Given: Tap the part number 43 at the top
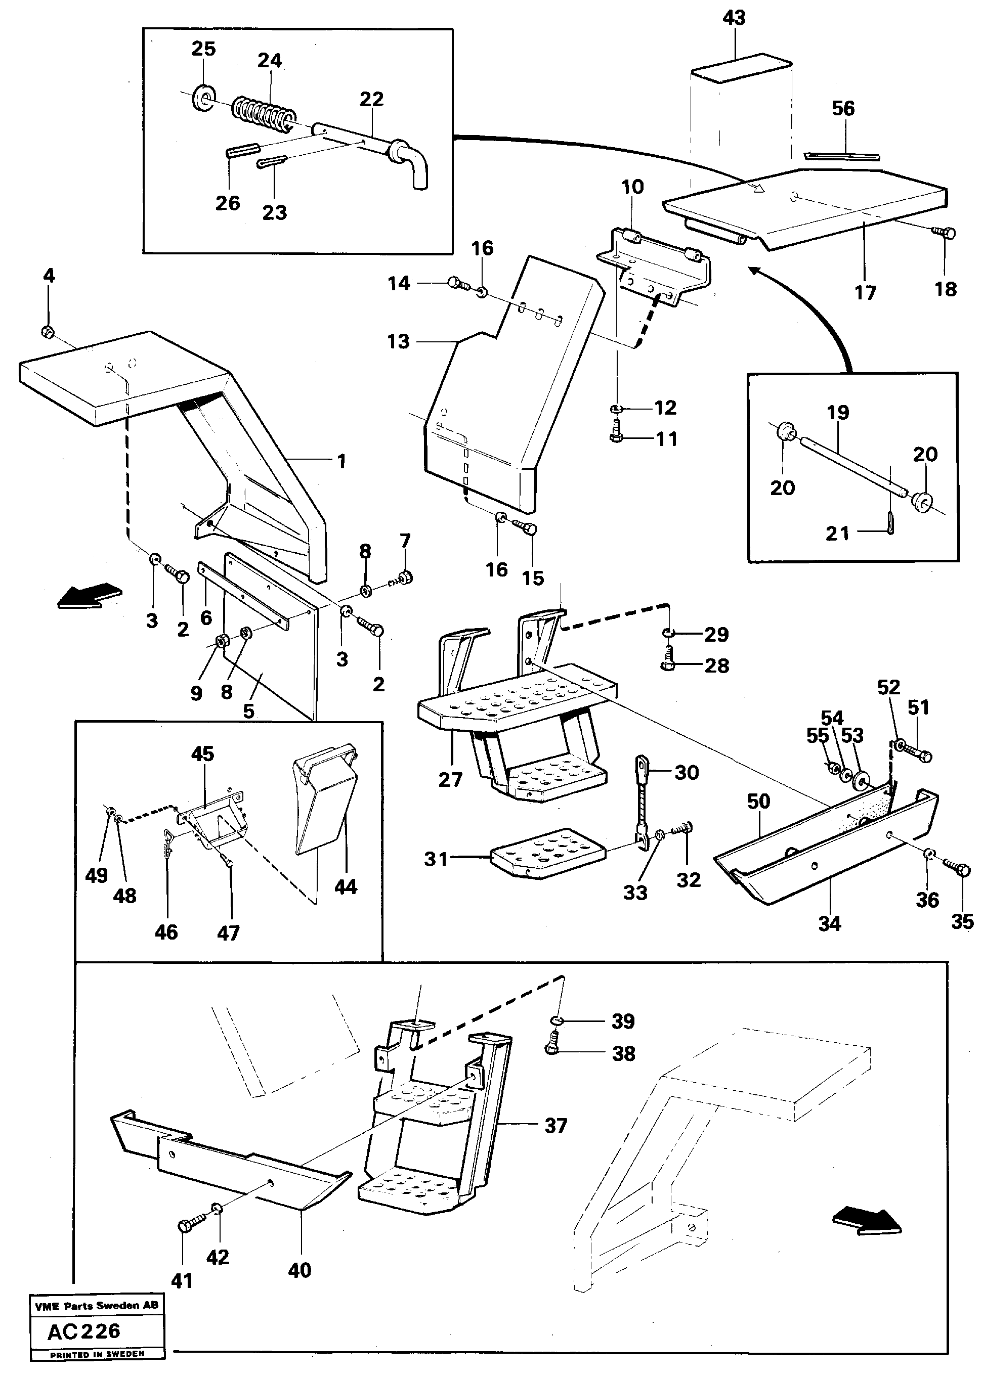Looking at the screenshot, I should [x=734, y=18].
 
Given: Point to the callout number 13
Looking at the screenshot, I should [x=398, y=342].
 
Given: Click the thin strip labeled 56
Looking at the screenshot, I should [x=841, y=157].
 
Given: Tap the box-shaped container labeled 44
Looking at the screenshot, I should [x=324, y=798].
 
